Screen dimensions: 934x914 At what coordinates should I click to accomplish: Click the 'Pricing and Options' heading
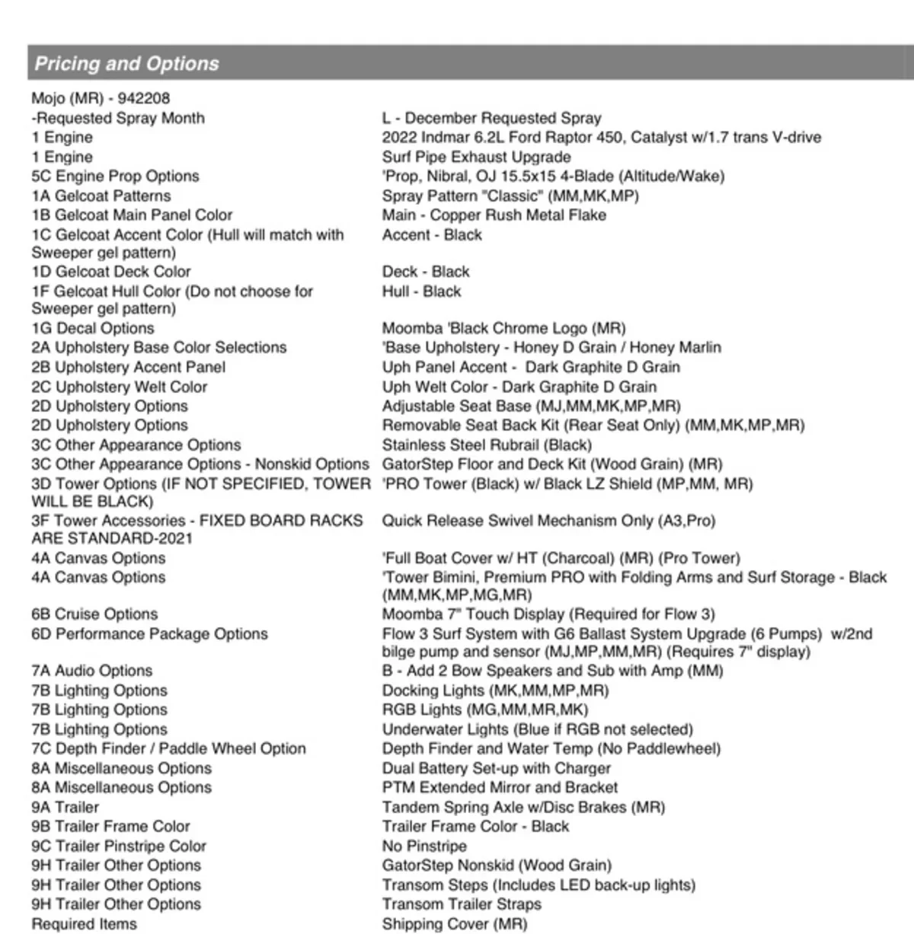[x=127, y=63]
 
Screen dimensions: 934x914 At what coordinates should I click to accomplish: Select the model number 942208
[x=144, y=98]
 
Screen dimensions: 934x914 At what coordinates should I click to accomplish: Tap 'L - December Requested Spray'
[x=491, y=118]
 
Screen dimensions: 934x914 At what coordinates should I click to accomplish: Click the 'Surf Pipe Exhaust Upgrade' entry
[x=476, y=157]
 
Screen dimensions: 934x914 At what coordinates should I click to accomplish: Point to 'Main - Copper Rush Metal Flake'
[x=494, y=215]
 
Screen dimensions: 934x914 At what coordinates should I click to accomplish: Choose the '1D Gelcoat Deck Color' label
[x=111, y=272]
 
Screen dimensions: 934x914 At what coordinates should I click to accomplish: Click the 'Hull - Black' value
[x=421, y=291]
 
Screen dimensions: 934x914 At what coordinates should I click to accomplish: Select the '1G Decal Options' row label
[x=93, y=328]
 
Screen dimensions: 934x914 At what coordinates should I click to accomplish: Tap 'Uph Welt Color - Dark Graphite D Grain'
[x=519, y=387]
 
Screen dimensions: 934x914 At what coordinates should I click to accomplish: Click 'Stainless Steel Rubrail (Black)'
[x=487, y=445]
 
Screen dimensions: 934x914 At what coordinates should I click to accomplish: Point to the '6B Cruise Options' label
[x=94, y=614]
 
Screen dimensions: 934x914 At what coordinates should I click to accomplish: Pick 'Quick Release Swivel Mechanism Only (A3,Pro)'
[x=548, y=521]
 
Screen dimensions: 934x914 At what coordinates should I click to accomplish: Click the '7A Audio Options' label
[x=92, y=671]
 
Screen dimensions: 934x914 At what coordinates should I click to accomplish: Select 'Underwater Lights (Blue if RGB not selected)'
[x=537, y=729]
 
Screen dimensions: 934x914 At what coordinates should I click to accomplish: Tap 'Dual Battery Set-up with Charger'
[x=496, y=768]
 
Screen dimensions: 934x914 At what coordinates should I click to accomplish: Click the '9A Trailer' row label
[x=66, y=807]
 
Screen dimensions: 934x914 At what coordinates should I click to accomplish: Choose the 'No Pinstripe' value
[x=424, y=846]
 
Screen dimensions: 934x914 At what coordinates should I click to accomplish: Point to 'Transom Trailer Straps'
[x=462, y=904]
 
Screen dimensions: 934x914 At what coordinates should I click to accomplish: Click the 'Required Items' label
[x=85, y=924]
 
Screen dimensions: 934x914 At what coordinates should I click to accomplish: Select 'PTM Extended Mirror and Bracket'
[x=500, y=787]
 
